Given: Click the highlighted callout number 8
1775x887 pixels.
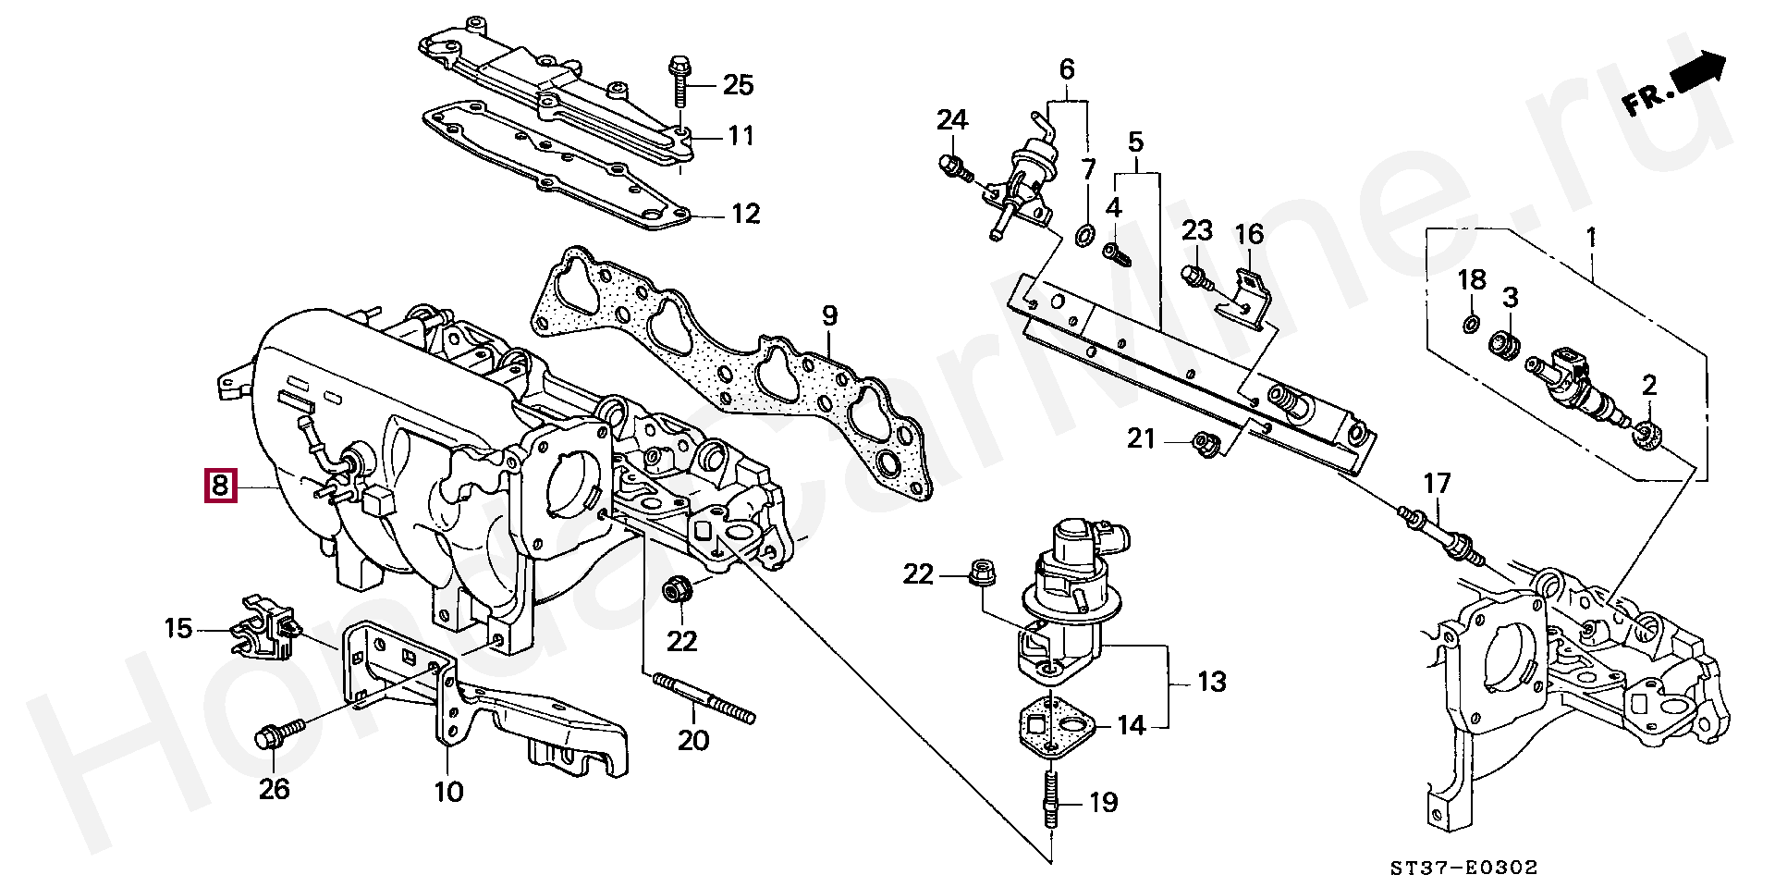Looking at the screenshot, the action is click(x=221, y=485).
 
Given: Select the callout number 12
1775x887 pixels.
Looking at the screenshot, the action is click(x=745, y=214).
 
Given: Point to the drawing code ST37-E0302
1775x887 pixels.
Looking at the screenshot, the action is click(x=1464, y=868).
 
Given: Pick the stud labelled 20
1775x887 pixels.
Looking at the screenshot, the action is click(x=704, y=698).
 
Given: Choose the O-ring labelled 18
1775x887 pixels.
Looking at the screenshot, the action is click(x=1470, y=324).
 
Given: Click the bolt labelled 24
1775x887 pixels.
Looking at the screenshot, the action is click(x=956, y=168).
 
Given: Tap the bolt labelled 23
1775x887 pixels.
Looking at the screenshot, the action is click(x=1196, y=277).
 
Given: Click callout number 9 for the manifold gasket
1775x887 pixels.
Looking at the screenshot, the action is click(x=829, y=315).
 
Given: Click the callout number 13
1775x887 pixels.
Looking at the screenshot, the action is click(x=1212, y=682).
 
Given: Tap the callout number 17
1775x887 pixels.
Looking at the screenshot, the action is click(x=1438, y=483).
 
